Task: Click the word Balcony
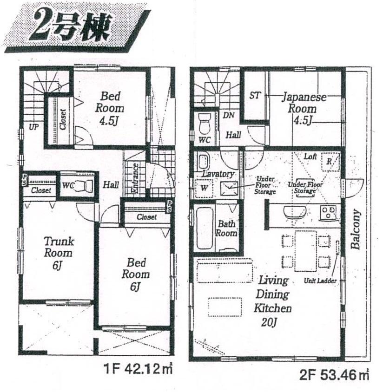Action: click(356, 230)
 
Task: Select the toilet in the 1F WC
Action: click(83, 185)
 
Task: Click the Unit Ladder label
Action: click(320, 281)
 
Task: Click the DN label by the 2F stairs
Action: click(228, 115)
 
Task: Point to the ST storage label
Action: click(255, 96)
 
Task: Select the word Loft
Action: click(310, 157)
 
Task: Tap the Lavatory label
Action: click(218, 174)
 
